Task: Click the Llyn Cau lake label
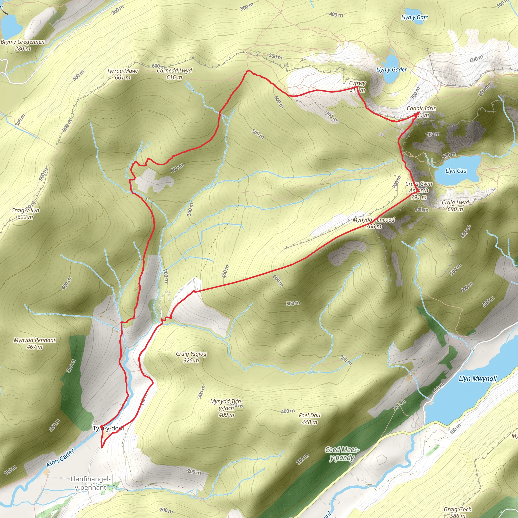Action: click(456, 171)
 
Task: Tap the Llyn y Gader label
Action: click(392, 70)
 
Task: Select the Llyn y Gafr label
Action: click(414, 17)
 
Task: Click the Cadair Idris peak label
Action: click(421, 112)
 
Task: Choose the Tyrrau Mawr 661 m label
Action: click(122, 74)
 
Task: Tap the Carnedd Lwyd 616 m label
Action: click(174, 74)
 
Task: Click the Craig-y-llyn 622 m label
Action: click(25, 214)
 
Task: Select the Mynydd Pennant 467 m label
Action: click(35, 343)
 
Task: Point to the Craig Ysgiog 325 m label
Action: click(191, 357)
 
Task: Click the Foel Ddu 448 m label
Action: click(309, 419)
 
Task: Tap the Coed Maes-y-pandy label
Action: click(342, 454)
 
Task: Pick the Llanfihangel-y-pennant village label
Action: click(90, 483)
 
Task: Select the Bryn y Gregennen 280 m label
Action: click(23, 45)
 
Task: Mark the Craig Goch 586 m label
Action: click(457, 512)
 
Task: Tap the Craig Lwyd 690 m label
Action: click(455, 206)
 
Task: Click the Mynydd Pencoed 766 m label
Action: click(374, 223)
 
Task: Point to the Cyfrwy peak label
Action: click(357, 86)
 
